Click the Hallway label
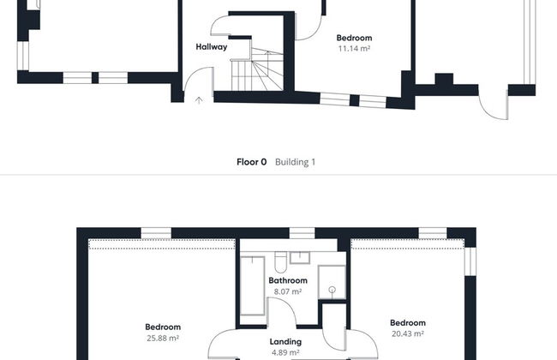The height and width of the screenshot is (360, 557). (x=212, y=47)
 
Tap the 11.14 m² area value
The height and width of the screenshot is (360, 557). (x=354, y=49)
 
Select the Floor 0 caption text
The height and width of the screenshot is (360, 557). (x=251, y=162)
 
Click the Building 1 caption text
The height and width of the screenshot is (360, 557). (x=295, y=162)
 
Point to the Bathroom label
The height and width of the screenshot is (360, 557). (x=288, y=280)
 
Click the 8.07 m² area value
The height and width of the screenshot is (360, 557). (x=288, y=291)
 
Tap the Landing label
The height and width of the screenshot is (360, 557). (x=285, y=342)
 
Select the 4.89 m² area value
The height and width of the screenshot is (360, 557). (x=285, y=352)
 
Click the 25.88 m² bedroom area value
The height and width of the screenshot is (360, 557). (x=163, y=338)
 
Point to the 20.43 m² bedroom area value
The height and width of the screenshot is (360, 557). (x=408, y=333)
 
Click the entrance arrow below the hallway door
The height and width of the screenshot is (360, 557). (x=199, y=100)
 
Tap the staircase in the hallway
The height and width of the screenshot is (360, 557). (x=257, y=70)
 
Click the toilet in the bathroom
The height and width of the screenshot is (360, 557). (x=280, y=261)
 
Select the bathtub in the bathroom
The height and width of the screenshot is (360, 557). (x=253, y=285)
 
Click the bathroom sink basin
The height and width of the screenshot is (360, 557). (x=300, y=258)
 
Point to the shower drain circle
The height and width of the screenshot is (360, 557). (x=332, y=290)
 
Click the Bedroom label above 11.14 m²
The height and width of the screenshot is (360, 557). (x=354, y=38)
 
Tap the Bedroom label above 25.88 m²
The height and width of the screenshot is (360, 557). (x=163, y=327)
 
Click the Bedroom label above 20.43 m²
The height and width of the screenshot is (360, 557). (x=408, y=322)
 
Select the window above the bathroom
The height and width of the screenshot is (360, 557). (x=302, y=233)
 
